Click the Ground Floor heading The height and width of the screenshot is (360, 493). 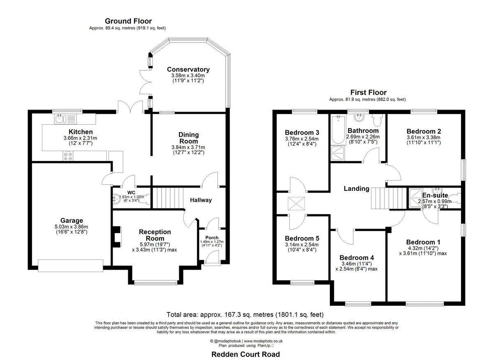pos(128,21)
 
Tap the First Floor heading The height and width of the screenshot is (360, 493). pos(368,92)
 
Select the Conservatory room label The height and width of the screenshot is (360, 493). pos(188,69)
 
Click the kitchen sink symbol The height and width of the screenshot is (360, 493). pos(65,119)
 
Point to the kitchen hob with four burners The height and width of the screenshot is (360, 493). pos(68,156)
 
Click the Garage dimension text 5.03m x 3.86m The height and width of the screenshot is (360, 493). pos(71,227)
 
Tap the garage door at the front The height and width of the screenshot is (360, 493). pos(70,266)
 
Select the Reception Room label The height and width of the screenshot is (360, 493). pos(155,235)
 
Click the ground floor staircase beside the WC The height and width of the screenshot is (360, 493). pos(168,198)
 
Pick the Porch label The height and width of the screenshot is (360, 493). pos(212,238)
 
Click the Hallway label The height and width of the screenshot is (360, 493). pos(201,200)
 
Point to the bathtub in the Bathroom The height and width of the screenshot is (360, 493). pos(338,130)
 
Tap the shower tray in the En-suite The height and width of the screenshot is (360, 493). pos(416,198)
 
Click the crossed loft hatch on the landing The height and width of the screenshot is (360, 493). pos(297,204)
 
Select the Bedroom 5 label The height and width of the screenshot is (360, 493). pos(302,238)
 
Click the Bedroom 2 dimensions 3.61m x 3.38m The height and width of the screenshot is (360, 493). pos(424,138)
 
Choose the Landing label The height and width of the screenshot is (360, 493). pos(357,188)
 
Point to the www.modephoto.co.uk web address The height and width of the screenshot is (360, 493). pos(263,341)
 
